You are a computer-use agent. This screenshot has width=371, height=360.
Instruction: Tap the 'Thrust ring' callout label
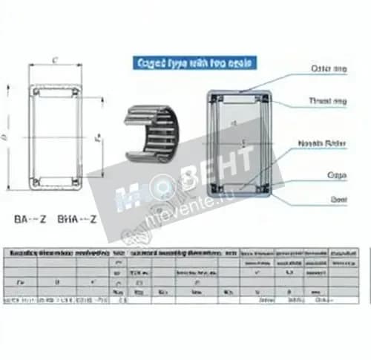click(326, 100)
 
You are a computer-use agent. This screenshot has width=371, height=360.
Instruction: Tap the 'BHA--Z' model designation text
click(77, 220)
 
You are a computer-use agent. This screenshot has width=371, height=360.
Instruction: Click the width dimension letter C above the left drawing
click(56, 61)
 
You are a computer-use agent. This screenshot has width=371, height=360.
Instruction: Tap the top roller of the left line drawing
click(56, 94)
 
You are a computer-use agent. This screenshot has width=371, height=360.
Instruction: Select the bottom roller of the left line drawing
click(56, 179)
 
